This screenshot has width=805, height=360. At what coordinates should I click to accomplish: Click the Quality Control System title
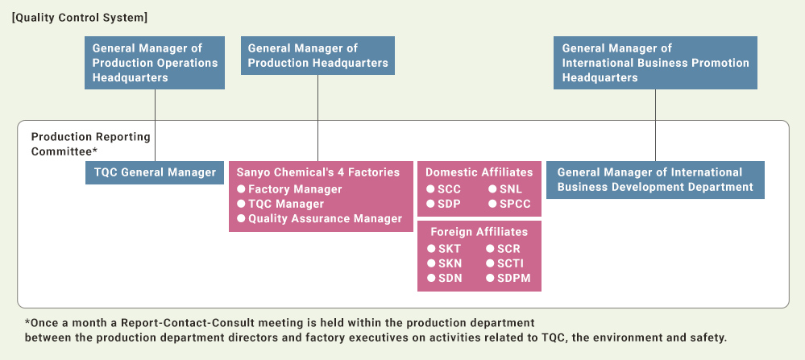[80, 18]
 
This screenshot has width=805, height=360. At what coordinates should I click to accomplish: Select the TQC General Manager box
[155, 173]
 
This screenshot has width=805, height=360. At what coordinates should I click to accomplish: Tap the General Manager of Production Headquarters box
[317, 56]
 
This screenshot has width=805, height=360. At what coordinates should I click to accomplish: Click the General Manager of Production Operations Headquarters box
[155, 63]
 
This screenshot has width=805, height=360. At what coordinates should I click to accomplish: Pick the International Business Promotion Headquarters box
[655, 63]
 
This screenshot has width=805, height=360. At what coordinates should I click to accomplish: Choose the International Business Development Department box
[655, 180]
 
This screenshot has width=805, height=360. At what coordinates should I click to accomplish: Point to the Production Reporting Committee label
[90, 144]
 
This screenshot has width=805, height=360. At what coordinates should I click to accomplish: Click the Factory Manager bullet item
[289, 189]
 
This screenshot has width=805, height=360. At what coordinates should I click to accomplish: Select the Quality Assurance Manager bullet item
[319, 219]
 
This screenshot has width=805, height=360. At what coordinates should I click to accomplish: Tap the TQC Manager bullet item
[280, 204]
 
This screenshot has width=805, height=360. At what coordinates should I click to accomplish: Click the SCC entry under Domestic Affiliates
[443, 189]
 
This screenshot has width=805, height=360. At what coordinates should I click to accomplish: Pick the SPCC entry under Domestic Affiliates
[508, 204]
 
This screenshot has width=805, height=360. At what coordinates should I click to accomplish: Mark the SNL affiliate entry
[504, 189]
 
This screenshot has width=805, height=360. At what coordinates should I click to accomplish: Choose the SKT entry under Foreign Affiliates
[444, 249]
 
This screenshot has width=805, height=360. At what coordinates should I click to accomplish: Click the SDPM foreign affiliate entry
[508, 279]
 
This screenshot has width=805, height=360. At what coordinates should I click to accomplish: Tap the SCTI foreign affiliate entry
[504, 263]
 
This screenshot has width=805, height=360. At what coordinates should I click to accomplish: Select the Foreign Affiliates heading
[479, 232]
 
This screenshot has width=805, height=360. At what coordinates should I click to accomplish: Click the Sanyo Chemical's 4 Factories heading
[317, 172]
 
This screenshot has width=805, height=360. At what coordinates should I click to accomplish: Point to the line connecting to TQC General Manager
[155, 125]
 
